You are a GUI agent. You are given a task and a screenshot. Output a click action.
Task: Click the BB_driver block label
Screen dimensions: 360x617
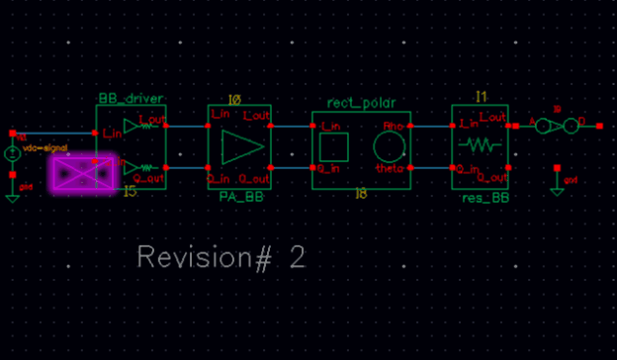pyautogui.click(x=130, y=99)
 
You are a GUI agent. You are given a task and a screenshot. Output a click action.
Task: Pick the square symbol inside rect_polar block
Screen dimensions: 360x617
pyautogui.click(x=334, y=148)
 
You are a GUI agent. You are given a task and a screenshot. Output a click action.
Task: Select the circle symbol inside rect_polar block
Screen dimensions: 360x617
pyautogui.click(x=390, y=148)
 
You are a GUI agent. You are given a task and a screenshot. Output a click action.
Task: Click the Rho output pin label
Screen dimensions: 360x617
pyautogui.click(x=394, y=126)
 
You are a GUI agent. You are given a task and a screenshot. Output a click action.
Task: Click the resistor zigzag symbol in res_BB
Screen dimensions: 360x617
pyautogui.click(x=480, y=145)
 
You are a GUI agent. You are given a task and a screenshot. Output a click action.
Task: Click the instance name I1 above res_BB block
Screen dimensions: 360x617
pyautogui.click(x=482, y=97)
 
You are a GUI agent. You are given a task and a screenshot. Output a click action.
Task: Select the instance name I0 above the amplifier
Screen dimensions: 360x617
pyautogui.click(x=235, y=100)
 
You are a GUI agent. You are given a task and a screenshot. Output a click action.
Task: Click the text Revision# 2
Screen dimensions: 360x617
pyautogui.click(x=220, y=258)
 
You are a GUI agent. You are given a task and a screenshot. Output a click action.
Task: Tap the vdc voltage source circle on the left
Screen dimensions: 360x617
pyautogui.click(x=13, y=153)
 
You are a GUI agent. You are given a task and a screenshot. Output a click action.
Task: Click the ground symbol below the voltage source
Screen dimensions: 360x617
pyautogui.click(x=13, y=196)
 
